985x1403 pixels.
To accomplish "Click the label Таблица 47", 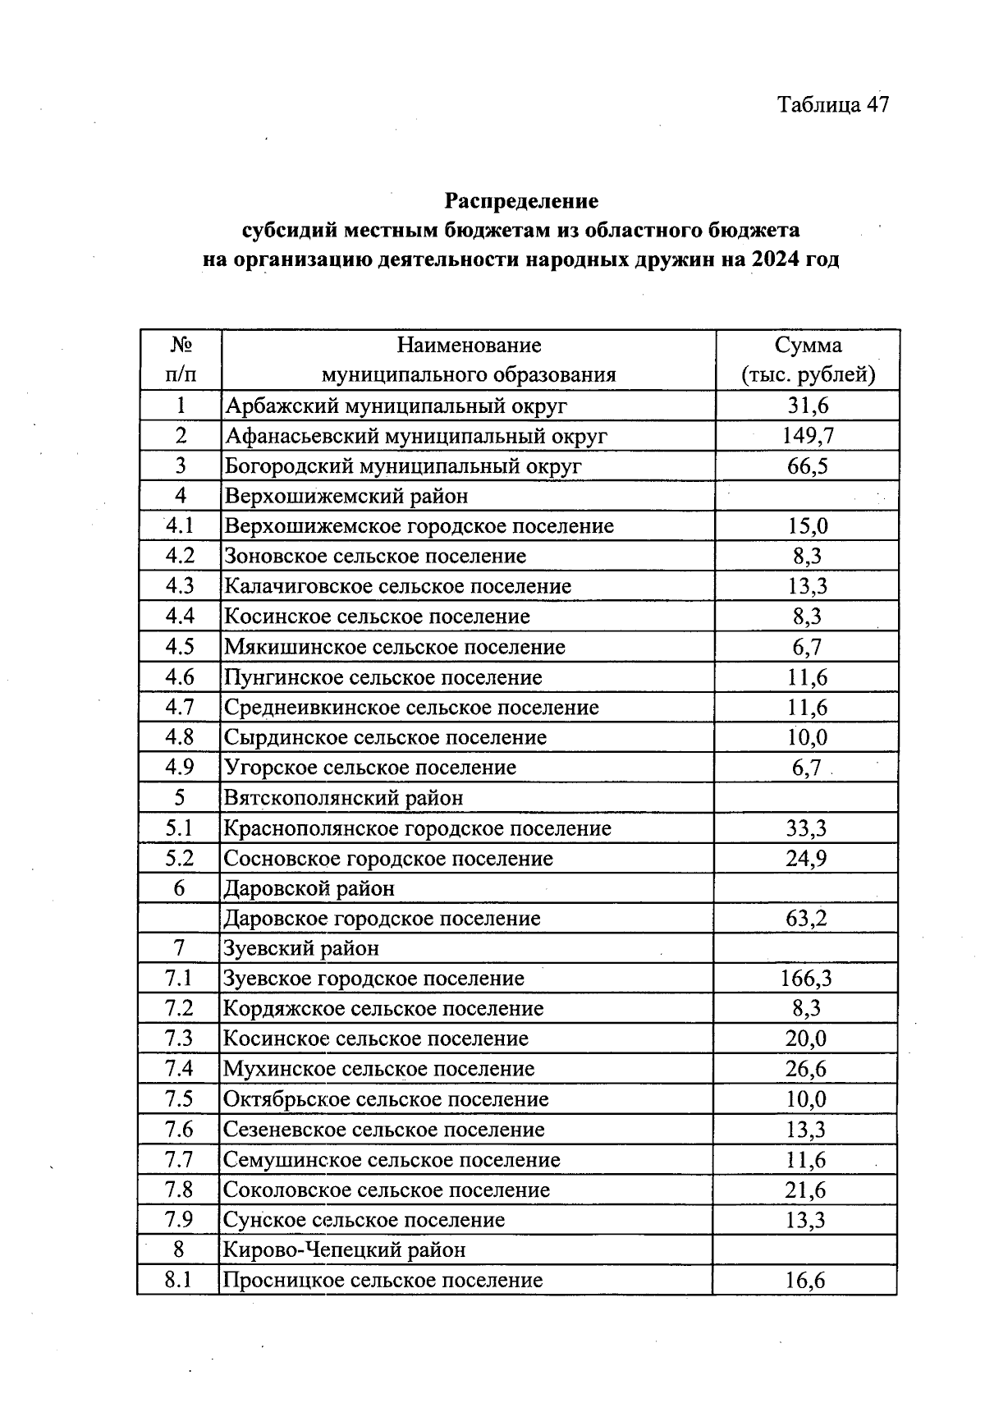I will pyautogui.click(x=832, y=105).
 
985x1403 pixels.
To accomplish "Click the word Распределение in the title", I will pyautogui.click(x=521, y=200).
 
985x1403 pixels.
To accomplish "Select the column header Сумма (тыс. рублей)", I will pyautogui.click(x=808, y=360).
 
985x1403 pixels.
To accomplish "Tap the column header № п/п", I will pyautogui.click(x=181, y=360).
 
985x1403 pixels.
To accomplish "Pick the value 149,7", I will pyautogui.click(x=808, y=436).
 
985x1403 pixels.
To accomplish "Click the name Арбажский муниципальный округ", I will pyautogui.click(x=396, y=406).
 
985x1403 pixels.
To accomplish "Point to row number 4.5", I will pyautogui.click(x=180, y=647).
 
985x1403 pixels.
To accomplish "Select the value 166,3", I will pyautogui.click(x=808, y=979).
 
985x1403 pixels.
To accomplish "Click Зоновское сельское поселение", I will pyautogui.click(x=375, y=557).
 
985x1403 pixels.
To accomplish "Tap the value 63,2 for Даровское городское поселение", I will pyautogui.click(x=806, y=919).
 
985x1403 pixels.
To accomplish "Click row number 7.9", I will pyautogui.click(x=178, y=1220).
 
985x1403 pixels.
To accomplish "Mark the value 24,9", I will pyautogui.click(x=806, y=859).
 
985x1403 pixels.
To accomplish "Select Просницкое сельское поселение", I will pyautogui.click(x=383, y=1281).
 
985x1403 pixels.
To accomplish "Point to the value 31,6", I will pyautogui.click(x=808, y=406).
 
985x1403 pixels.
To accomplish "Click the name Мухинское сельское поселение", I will pyautogui.click(x=378, y=1069).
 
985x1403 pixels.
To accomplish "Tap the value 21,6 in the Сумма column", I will pyautogui.click(x=806, y=1190).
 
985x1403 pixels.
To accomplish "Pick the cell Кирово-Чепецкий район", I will pyautogui.click(x=344, y=1250).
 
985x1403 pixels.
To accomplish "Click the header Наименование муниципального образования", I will pyautogui.click(x=469, y=360).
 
